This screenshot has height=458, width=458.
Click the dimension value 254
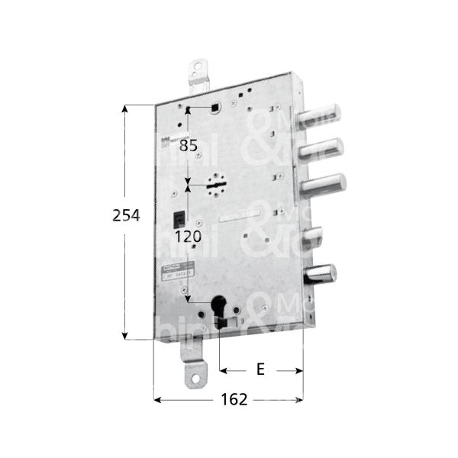[x=126, y=216]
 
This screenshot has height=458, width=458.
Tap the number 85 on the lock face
[x=189, y=145]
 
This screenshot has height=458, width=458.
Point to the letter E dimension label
[x=260, y=370]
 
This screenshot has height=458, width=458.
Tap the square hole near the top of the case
[x=217, y=107]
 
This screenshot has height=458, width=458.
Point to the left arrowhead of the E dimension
[x=224, y=370]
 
